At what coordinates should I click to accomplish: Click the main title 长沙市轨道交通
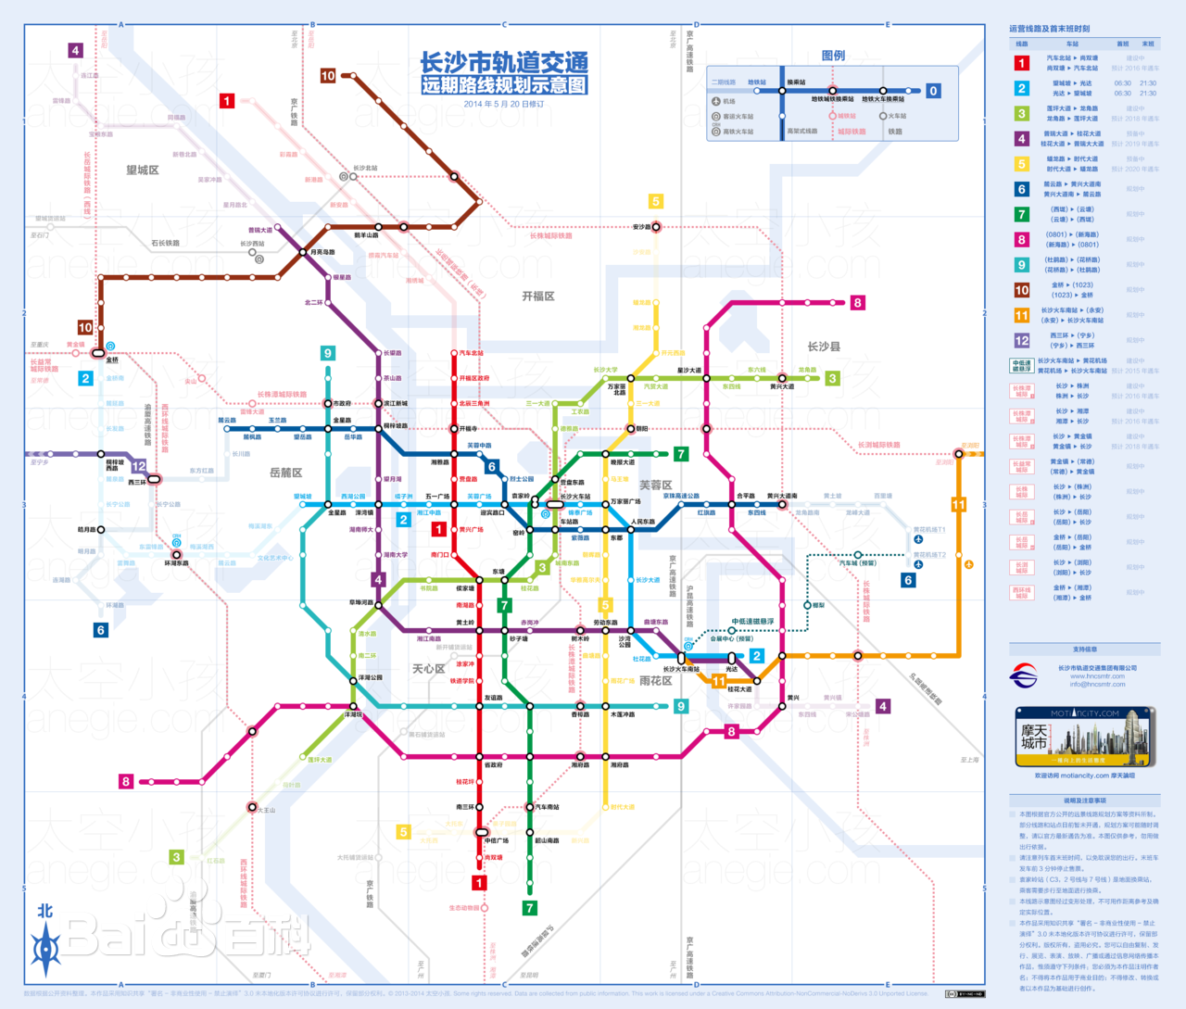tap(504, 63)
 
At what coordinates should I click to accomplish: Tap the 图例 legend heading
tap(833, 56)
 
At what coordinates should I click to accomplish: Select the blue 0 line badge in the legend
tap(933, 91)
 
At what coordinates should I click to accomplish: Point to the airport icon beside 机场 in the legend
tap(716, 102)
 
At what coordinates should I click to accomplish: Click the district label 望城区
tap(143, 170)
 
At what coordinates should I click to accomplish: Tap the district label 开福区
tap(537, 296)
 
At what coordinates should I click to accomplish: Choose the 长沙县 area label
tap(823, 347)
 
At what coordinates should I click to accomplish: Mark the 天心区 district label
tap(428, 669)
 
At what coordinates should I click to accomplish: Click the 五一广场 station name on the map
tap(436, 497)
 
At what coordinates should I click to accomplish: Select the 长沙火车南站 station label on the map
tap(681, 669)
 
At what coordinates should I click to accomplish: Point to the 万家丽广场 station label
tap(625, 501)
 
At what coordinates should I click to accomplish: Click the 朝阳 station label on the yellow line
tap(642, 429)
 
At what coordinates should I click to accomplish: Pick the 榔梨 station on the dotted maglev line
tap(818, 605)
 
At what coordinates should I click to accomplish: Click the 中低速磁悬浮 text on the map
tap(752, 622)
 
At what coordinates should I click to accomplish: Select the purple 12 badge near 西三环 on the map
tap(138, 466)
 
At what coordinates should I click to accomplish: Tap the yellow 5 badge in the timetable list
tap(1021, 164)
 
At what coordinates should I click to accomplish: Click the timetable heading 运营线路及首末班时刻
tap(1049, 29)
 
